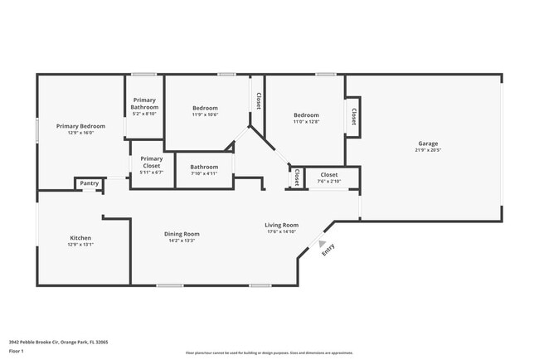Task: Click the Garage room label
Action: pyautogui.click(x=427, y=144)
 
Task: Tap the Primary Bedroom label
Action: pyautogui.click(x=80, y=126)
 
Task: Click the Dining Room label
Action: pyautogui.click(x=181, y=234)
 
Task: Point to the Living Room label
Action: pyautogui.click(x=281, y=225)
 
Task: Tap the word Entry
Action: pyautogui.click(x=328, y=248)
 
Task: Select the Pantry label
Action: pyautogui.click(x=89, y=183)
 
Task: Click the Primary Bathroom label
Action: pyautogui.click(x=144, y=104)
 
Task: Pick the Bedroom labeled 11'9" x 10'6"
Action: pyautogui.click(x=205, y=109)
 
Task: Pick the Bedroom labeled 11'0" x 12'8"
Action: pyautogui.click(x=305, y=115)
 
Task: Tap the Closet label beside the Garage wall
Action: pyautogui.click(x=354, y=116)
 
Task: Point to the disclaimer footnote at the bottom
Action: pyautogui.click(x=269, y=352)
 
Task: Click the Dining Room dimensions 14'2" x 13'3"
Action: pyautogui.click(x=181, y=241)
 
